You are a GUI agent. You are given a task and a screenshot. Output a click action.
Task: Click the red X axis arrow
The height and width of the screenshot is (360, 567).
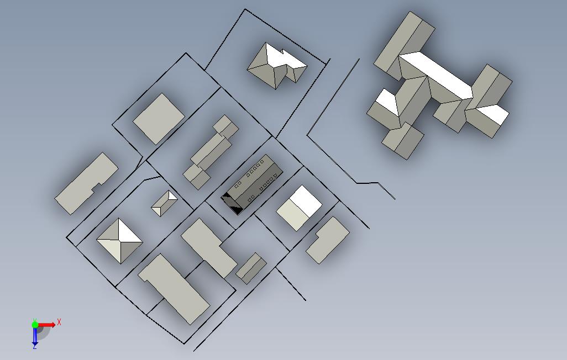(46, 325)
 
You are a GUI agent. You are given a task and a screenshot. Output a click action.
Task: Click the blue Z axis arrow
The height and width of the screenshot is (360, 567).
(35, 335)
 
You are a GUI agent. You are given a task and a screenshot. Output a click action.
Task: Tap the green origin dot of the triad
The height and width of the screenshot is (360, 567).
(35, 325)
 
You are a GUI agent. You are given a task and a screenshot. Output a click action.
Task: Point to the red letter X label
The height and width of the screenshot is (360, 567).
(59, 322)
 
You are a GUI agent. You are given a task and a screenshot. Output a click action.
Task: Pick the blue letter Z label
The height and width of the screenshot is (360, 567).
(35, 347)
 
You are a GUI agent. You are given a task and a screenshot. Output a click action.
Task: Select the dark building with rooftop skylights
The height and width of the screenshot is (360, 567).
(253, 184)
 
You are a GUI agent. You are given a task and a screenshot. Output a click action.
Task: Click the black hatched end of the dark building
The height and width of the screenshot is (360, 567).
(232, 203)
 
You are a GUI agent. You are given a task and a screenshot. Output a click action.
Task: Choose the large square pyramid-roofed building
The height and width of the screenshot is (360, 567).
(120, 241)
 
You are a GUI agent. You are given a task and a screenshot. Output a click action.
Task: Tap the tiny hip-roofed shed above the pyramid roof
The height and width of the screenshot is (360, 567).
(164, 203)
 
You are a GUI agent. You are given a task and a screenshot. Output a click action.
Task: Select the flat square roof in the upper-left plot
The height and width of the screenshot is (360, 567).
(159, 119)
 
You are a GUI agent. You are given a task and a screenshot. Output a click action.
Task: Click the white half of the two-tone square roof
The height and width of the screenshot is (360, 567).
(306, 201)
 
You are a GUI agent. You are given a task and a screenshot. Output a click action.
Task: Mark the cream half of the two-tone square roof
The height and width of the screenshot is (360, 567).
(293, 215)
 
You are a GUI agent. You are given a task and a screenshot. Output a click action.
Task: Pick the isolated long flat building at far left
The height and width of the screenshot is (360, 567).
(86, 183)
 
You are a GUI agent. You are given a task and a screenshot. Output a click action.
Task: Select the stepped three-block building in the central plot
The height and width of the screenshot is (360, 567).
(211, 152)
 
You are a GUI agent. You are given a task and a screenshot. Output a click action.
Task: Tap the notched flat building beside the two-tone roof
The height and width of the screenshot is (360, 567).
(328, 240)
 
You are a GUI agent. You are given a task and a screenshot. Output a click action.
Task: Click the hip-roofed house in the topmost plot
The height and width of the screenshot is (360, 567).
(277, 66)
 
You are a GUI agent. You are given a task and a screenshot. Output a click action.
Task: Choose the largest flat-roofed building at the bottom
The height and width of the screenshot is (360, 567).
(174, 288)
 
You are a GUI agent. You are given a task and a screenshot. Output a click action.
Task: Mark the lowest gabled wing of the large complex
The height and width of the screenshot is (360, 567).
(403, 141)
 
